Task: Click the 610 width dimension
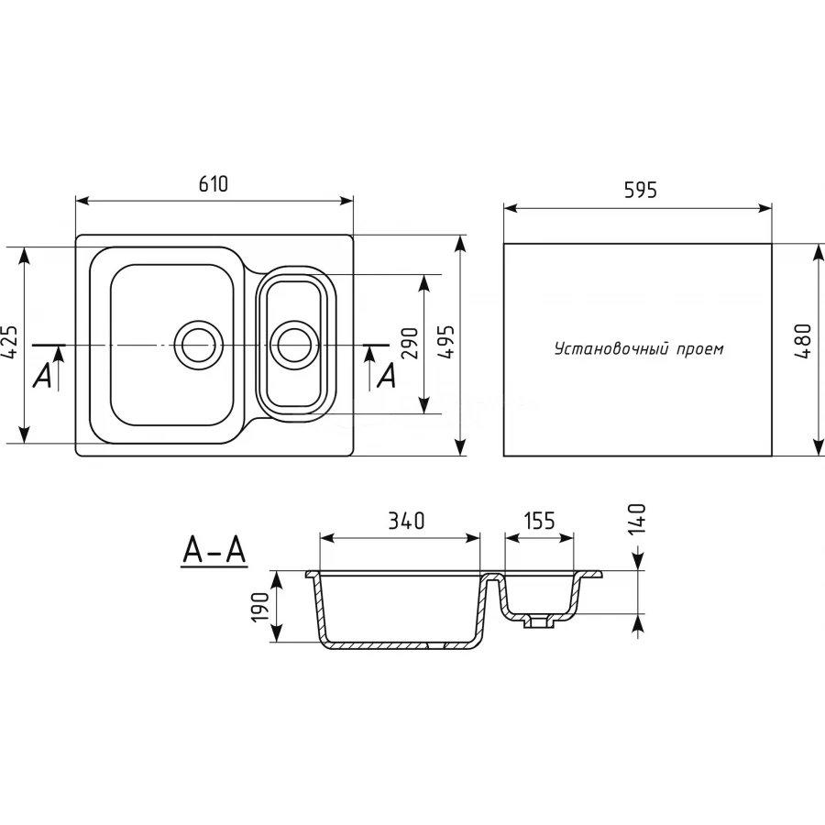point(213,183)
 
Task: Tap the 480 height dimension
point(806,343)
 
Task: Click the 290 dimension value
point(409,343)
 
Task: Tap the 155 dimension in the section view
point(539,521)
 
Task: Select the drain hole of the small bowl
point(294,344)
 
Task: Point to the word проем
point(701,349)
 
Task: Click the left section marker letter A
point(42,376)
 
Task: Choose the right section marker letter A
point(387,376)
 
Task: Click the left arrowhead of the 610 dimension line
point(81,200)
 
